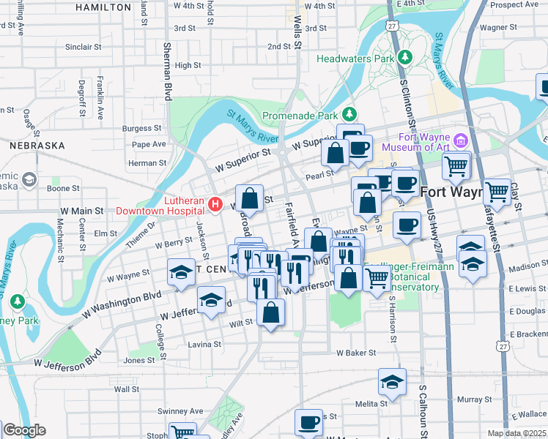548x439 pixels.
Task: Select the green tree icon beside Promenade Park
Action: pyautogui.click(x=350, y=114)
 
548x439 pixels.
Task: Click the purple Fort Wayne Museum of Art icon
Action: pyautogui.click(x=460, y=139)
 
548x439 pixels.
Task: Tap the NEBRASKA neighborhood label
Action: pyautogui.click(x=38, y=146)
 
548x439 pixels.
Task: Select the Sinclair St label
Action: pyautogui.click(x=83, y=47)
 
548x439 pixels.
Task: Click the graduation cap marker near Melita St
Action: pyautogui.click(x=393, y=382)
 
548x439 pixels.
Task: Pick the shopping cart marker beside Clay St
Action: pyautogui.click(x=497, y=192)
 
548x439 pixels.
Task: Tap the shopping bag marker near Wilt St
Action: pyautogui.click(x=271, y=312)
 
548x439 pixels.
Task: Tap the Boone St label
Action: pyautogui.click(x=64, y=188)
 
